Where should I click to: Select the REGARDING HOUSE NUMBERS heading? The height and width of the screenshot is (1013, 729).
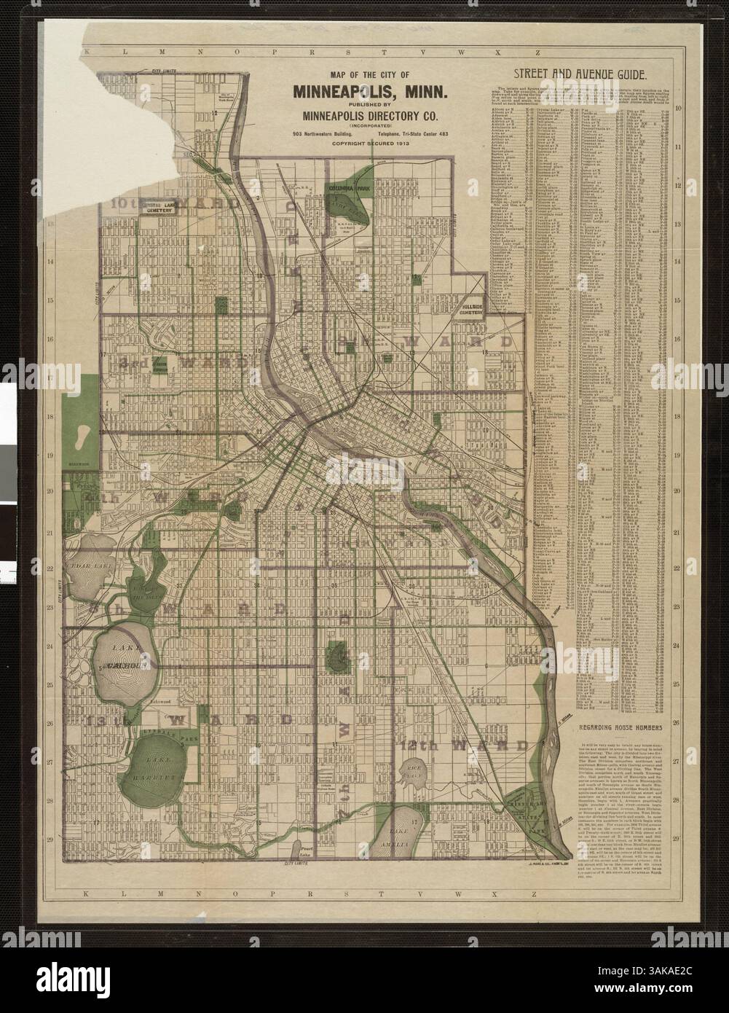coord(620,728)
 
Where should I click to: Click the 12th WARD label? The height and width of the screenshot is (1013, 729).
coord(464,746)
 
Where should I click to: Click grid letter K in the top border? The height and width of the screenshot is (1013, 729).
coord(87,53)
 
